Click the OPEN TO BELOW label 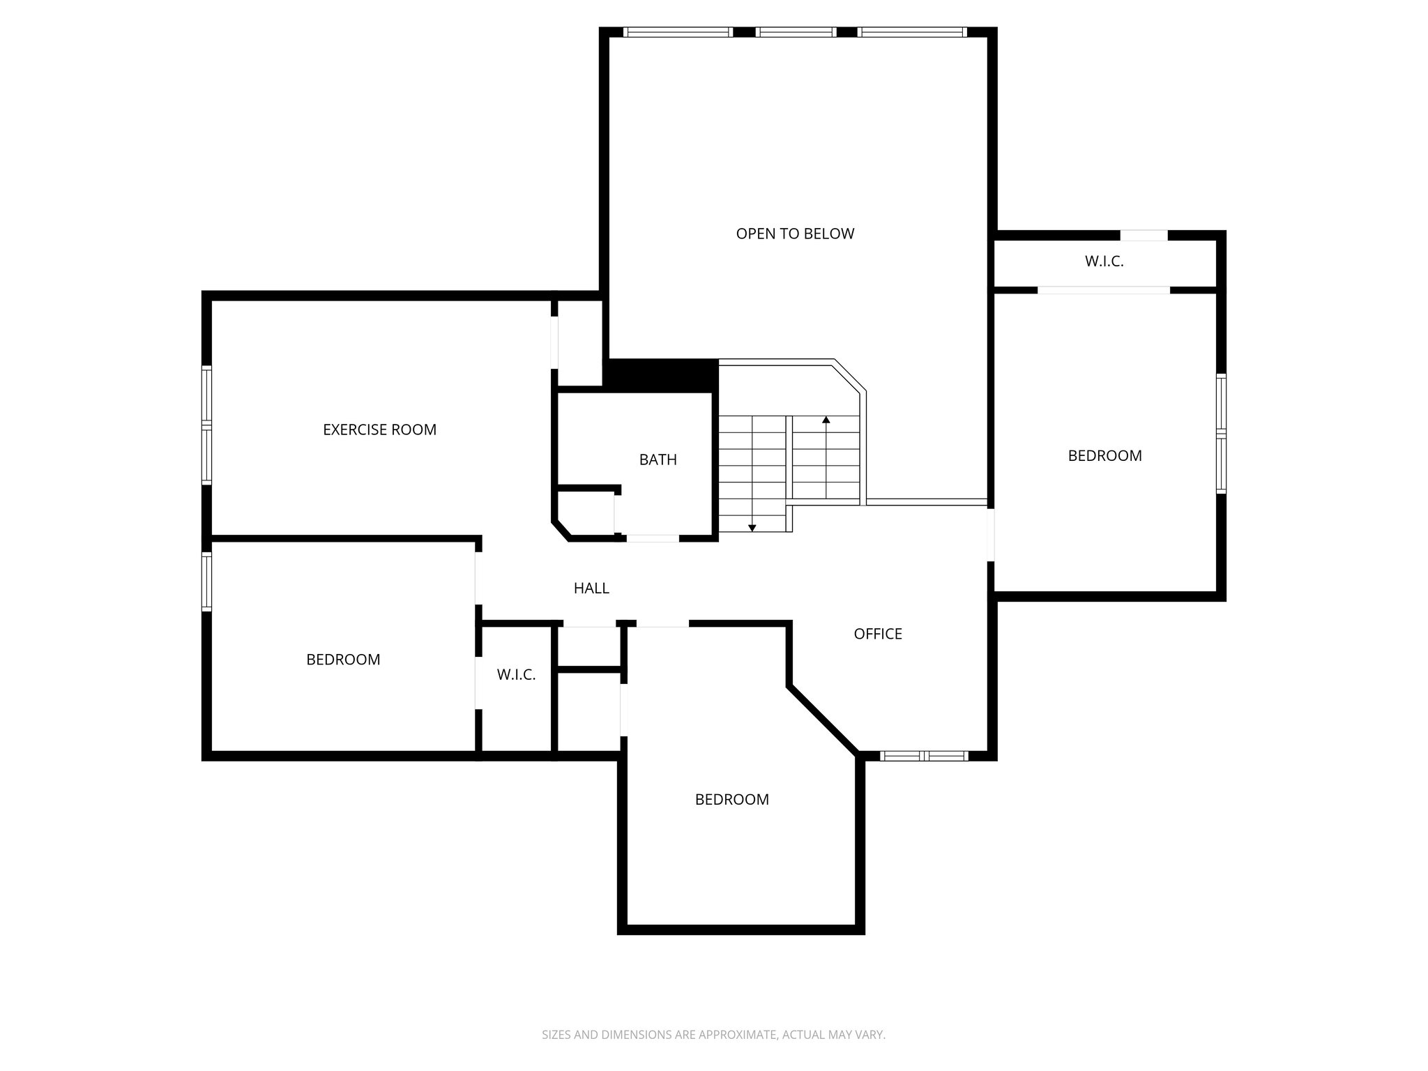(795, 234)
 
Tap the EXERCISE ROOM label (379, 430)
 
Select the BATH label (658, 459)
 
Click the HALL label (591, 588)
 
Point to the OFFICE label (878, 634)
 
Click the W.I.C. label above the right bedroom (1104, 262)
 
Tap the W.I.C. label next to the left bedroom (516, 675)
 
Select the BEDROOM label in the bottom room (731, 800)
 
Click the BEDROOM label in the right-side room (1104, 456)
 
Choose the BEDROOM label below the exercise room (343, 660)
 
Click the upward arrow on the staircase (826, 420)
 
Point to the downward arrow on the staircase (752, 527)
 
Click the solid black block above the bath (661, 376)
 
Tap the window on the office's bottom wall (924, 756)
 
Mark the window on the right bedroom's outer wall (1221, 434)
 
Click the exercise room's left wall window (206, 425)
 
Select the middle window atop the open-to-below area (796, 32)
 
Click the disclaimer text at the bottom (713, 1035)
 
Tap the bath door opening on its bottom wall (652, 538)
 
